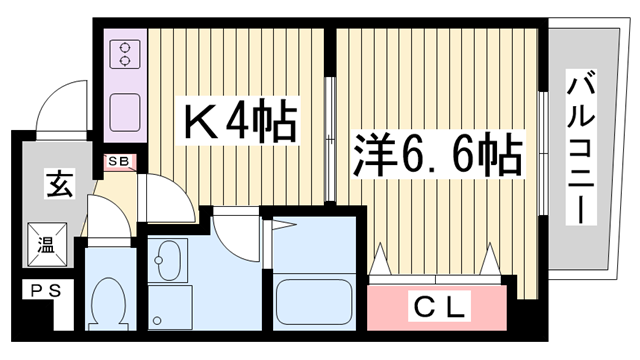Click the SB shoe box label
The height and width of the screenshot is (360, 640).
118,160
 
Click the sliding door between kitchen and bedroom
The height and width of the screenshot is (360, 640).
330,130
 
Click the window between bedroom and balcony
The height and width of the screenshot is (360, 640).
541,150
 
